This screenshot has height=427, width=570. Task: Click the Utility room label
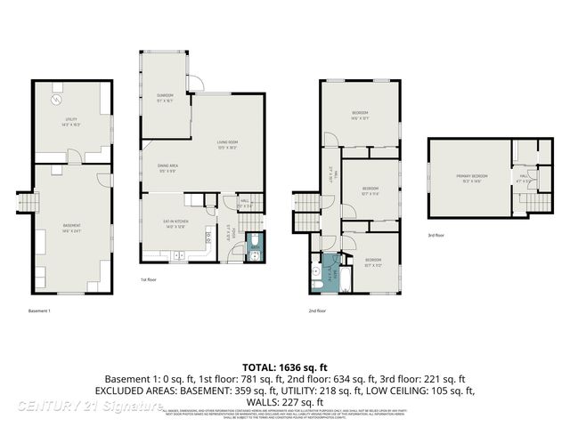pyautogui.click(x=71, y=123)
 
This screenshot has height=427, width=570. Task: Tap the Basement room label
pyautogui.click(x=71, y=227)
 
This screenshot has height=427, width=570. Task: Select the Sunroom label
pyautogui.click(x=165, y=95)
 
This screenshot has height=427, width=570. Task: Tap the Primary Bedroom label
pyautogui.click(x=472, y=177)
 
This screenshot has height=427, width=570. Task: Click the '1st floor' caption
pyautogui.click(x=150, y=279)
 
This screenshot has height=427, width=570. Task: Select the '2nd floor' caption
pyautogui.click(x=317, y=310)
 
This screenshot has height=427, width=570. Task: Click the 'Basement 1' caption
pyautogui.click(x=40, y=310)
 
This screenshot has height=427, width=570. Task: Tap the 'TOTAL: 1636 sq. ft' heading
pyautogui.click(x=285, y=367)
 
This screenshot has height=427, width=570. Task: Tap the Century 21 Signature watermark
pyautogui.click(x=89, y=406)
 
